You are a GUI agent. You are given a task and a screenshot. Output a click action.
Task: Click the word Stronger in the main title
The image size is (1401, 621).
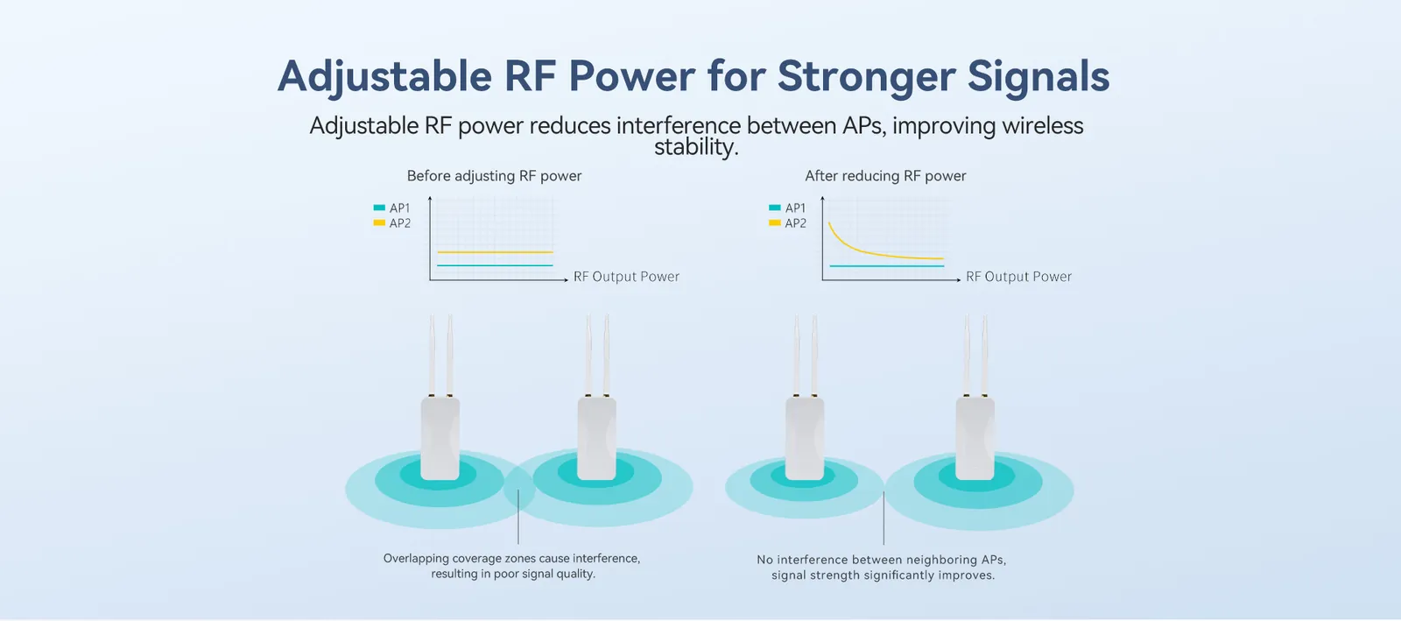coord(866,77)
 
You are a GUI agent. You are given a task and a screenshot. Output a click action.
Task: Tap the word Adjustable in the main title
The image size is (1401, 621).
coord(384,77)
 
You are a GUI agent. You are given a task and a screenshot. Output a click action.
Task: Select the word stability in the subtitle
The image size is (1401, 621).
coord(695,147)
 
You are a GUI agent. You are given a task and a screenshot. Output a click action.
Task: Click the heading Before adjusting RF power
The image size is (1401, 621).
coord(494,176)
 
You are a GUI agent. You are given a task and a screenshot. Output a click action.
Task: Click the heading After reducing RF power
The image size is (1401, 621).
coord(885,176)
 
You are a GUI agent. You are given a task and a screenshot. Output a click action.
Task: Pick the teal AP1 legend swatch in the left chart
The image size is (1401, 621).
coord(379,208)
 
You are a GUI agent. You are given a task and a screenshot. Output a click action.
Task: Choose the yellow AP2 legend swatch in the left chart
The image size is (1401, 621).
coord(379,223)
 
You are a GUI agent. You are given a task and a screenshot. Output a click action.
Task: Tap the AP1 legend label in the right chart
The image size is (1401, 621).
coord(795,208)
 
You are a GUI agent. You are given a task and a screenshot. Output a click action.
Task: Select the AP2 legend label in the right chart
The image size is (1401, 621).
coord(795,223)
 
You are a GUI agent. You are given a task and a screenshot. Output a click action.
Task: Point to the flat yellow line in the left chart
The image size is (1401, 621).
coord(495,252)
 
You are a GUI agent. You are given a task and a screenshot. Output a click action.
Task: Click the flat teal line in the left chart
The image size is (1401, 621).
coord(495,265)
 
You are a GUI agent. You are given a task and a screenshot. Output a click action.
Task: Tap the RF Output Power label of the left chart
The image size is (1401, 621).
coord(626,277)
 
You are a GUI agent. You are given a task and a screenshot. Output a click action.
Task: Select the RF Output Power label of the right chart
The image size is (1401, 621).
coord(1018,277)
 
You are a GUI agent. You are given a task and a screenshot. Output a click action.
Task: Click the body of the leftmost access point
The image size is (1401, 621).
coord(440,438)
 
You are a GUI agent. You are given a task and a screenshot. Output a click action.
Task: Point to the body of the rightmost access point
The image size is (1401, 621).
coord(975,438)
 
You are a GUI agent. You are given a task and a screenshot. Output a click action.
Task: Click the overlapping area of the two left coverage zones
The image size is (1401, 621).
coord(518,489)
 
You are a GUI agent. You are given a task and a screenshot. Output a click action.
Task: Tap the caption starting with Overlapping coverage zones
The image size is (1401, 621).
coord(512,566)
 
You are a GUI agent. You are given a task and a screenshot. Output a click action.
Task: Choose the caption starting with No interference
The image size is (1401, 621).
coord(882,568)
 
